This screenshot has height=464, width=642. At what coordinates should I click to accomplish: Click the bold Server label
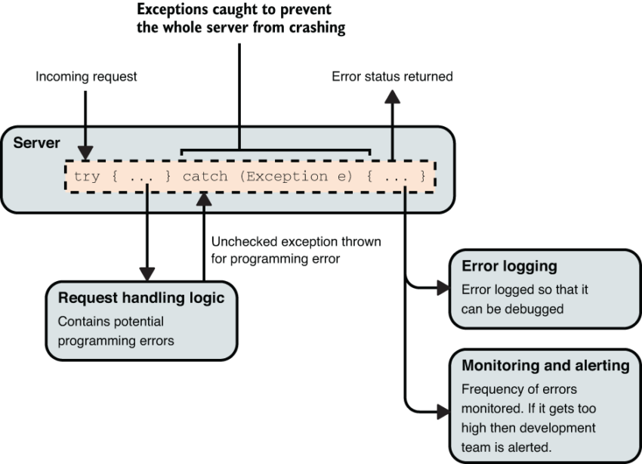[37, 142]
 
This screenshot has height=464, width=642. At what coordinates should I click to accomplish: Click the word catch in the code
[205, 177]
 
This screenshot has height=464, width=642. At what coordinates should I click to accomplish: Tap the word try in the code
[87, 177]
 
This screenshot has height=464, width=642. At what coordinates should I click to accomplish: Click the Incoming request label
[86, 76]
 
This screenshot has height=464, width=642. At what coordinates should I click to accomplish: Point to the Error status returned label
[392, 76]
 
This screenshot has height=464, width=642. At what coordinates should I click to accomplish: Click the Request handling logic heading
[140, 299]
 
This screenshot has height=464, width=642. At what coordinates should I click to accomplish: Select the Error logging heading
[509, 267]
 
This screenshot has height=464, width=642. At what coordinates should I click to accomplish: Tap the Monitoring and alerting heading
[545, 366]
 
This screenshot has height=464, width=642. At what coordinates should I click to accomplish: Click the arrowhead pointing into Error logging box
[442, 287]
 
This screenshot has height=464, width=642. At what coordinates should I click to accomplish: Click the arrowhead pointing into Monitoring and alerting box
[442, 412]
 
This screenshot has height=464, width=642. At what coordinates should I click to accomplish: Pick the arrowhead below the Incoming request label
[85, 155]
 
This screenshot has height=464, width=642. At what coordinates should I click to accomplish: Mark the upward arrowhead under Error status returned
[391, 97]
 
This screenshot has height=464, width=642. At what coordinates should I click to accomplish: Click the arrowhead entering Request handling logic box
[148, 273]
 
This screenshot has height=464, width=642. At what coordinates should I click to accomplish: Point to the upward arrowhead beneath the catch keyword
[204, 199]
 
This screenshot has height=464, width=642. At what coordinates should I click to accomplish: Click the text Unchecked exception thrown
[296, 243]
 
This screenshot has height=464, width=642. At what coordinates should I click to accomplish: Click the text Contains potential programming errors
[116, 330]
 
